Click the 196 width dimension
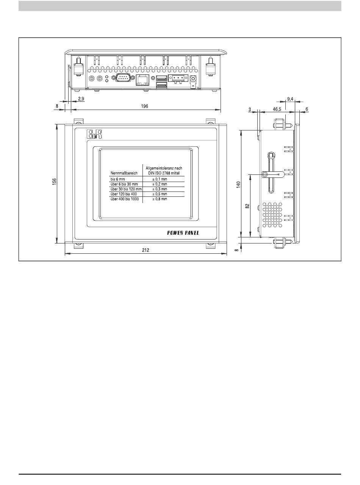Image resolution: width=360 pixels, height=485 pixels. click(x=144, y=106)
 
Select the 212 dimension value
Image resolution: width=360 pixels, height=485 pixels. click(x=146, y=250)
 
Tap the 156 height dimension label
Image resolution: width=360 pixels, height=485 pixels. click(x=54, y=182)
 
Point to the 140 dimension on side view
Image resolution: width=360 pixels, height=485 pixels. click(x=238, y=185)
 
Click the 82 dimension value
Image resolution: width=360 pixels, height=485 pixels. click(x=247, y=206)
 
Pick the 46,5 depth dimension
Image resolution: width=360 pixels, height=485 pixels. click(x=277, y=109)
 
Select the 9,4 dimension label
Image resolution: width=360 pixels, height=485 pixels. click(x=290, y=99)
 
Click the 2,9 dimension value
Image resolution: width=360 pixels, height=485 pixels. click(x=81, y=99)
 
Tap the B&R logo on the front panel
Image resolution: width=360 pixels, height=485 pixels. click(x=94, y=134)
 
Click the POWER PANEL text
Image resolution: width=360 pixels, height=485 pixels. click(x=183, y=233)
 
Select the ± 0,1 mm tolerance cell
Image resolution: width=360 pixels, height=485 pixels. click(x=160, y=179)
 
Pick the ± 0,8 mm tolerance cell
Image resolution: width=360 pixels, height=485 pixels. click(x=160, y=199)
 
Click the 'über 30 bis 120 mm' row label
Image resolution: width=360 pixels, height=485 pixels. click(x=126, y=189)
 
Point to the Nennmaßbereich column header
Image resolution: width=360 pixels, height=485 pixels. click(x=124, y=173)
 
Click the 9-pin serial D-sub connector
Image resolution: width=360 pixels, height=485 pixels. click(x=123, y=78)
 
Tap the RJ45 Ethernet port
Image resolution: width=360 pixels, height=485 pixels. click(x=142, y=80)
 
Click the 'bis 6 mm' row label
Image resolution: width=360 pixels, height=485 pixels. click(x=117, y=179)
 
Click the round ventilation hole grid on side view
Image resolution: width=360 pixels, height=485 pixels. click(x=272, y=215)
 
